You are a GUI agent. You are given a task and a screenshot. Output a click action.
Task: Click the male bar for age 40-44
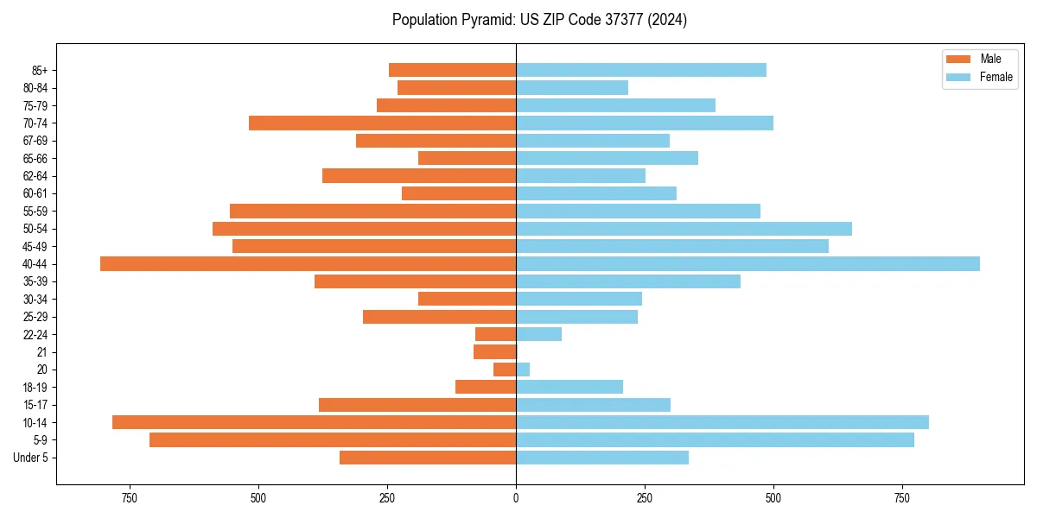[308, 264]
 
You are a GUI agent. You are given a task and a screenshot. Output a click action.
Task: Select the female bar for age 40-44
[748, 264]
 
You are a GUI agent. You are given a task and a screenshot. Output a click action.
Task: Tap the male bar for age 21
[494, 352]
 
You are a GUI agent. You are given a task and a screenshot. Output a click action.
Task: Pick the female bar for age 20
[523, 370]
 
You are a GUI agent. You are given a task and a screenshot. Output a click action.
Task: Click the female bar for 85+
[640, 70]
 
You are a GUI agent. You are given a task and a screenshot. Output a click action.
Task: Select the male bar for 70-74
[382, 123]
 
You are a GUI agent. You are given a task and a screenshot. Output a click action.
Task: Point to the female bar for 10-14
[722, 422]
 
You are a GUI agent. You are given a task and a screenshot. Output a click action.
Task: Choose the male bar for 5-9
[333, 440]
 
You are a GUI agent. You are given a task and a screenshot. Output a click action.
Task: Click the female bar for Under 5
[601, 458]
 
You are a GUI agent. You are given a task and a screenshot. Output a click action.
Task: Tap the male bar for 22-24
[495, 334]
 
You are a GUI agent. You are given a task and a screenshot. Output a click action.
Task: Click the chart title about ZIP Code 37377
[539, 20]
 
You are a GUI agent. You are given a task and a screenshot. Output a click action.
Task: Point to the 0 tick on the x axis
[516, 498]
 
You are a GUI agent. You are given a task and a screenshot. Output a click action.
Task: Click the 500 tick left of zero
[258, 498]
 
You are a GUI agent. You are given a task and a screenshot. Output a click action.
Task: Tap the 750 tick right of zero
[902, 498]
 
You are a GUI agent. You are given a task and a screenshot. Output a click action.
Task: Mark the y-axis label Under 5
[31, 458]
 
